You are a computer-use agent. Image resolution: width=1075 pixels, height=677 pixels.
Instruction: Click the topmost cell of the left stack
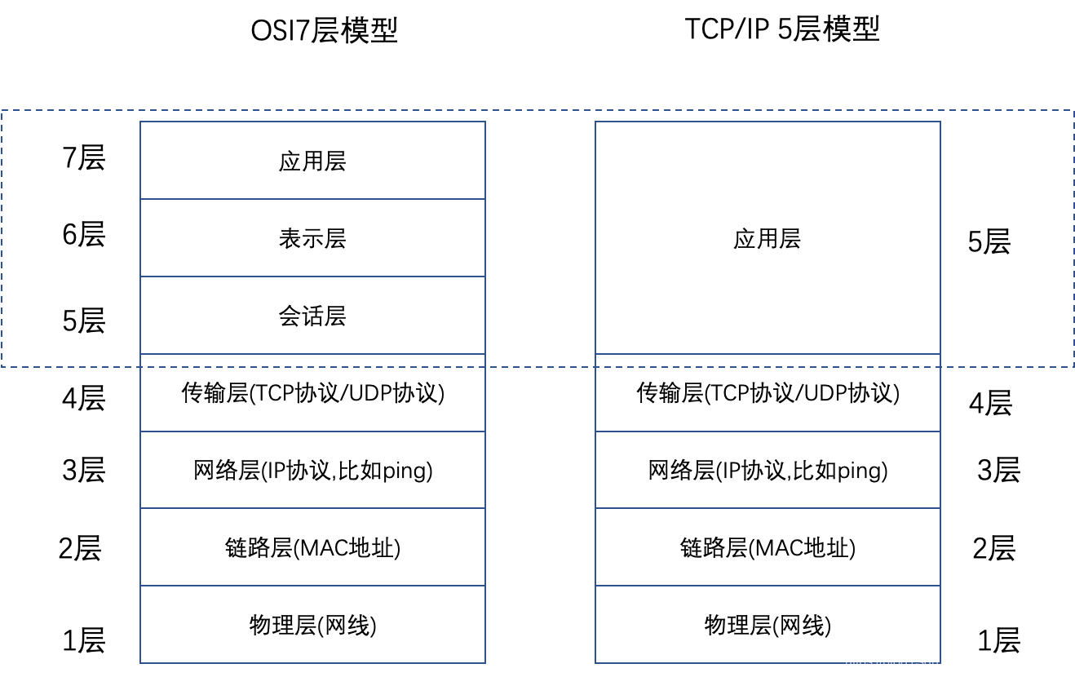(x=312, y=161)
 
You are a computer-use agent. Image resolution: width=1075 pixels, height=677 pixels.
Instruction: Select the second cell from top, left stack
(x=312, y=238)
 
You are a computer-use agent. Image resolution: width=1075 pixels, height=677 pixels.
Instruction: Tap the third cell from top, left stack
(x=312, y=316)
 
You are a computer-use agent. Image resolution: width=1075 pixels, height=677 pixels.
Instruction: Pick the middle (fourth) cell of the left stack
(x=312, y=392)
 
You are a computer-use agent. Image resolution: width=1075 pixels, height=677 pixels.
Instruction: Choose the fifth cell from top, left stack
(x=312, y=470)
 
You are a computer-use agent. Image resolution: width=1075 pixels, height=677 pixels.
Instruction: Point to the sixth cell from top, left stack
(x=312, y=547)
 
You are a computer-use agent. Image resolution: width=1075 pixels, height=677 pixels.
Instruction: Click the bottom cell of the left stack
(x=312, y=625)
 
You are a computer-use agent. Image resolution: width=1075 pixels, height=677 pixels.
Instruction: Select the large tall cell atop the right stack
(x=768, y=238)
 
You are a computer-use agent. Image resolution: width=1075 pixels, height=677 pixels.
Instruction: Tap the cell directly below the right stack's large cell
(x=768, y=392)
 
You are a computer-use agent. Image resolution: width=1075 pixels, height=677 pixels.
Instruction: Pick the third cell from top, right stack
(x=768, y=470)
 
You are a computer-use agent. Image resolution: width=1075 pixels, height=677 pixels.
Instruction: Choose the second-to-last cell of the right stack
(x=768, y=547)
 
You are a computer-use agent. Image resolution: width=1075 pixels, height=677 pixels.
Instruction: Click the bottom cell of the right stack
(x=768, y=625)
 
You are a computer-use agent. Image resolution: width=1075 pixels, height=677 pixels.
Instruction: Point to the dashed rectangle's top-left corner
(x=2, y=110)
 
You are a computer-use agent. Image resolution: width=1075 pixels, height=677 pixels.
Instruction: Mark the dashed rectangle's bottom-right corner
(x=1073, y=367)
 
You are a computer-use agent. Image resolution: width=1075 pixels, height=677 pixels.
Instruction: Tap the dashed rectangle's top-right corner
(x=1073, y=110)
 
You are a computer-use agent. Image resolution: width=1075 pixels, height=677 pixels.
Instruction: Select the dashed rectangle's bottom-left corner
(x=2, y=367)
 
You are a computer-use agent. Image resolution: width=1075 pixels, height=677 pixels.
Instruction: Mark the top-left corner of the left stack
(x=140, y=122)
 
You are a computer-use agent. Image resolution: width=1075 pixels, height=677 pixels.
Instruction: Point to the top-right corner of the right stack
(x=940, y=122)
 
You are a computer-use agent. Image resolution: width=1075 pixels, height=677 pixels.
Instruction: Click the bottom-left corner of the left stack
(x=140, y=663)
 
